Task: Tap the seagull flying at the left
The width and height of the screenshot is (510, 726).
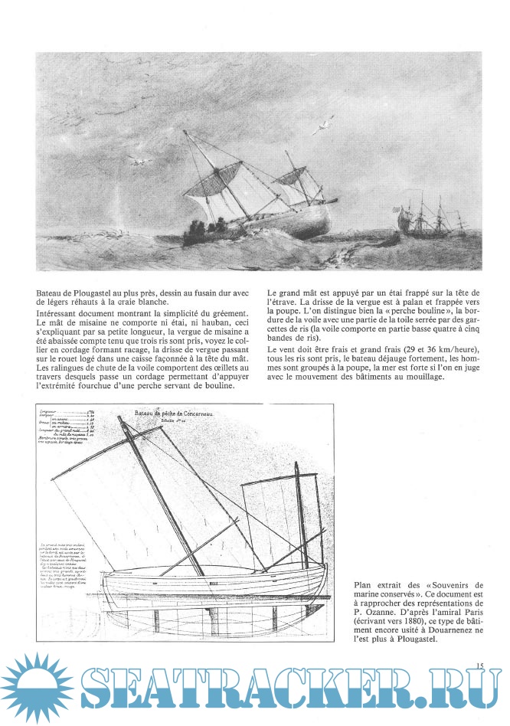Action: (x=139, y=162)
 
